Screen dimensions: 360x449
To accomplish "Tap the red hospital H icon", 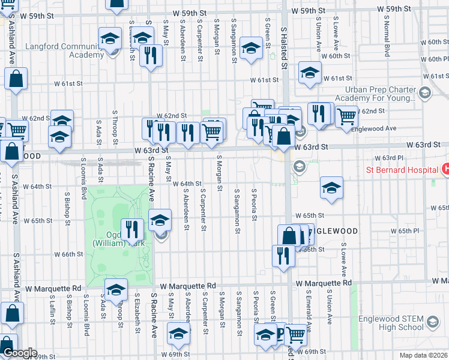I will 445,170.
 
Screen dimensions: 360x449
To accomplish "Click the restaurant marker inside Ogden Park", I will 131,229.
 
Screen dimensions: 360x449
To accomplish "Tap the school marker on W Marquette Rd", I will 116,289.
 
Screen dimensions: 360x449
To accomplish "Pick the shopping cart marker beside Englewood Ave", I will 346,116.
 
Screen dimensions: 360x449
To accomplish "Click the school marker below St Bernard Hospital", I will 331,188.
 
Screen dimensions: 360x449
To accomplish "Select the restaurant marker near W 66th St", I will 283,255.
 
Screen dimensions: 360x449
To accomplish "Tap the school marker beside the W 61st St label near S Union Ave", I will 309,73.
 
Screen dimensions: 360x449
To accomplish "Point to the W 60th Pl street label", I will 435,59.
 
